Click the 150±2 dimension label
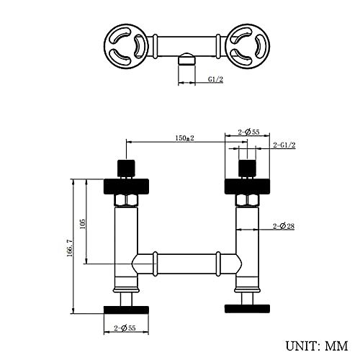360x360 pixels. (x=184, y=138)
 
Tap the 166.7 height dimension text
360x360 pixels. (x=69, y=248)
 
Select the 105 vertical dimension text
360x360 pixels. (x=83, y=224)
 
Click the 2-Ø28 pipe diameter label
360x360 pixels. (x=284, y=226)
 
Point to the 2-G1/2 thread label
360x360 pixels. (x=284, y=145)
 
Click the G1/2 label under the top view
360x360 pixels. (x=215, y=79)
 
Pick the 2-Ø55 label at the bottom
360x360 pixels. (x=125, y=328)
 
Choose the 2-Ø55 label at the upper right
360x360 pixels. (x=249, y=132)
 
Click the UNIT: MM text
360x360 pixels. (x=317, y=346)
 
